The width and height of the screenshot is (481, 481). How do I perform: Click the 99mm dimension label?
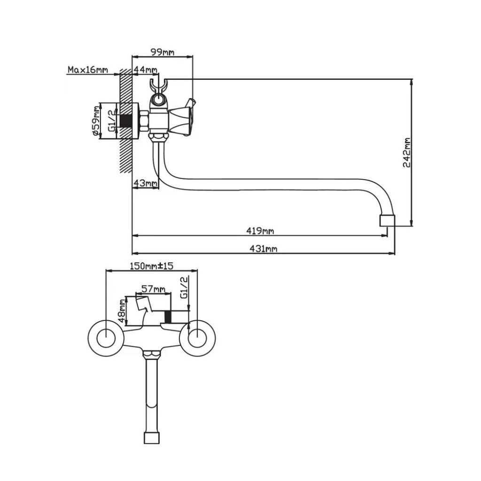click(x=162, y=52)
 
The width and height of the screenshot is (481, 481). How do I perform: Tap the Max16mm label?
click(x=88, y=70)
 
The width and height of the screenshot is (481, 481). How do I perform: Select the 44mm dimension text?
click(x=146, y=70)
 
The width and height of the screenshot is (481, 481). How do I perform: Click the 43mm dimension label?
click(x=145, y=183)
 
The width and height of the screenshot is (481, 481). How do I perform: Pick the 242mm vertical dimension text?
click(x=407, y=152)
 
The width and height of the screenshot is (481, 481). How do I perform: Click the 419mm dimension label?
click(x=260, y=231)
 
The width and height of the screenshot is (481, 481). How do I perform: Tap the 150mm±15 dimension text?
click(x=152, y=266)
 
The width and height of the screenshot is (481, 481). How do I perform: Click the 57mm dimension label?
click(x=154, y=289)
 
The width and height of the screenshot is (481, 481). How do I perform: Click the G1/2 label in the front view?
click(x=184, y=287)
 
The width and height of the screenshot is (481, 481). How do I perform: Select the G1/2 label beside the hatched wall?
click(x=112, y=121)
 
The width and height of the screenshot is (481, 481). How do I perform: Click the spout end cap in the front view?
click(x=152, y=438)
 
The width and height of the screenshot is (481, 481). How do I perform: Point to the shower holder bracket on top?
click(x=158, y=87)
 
